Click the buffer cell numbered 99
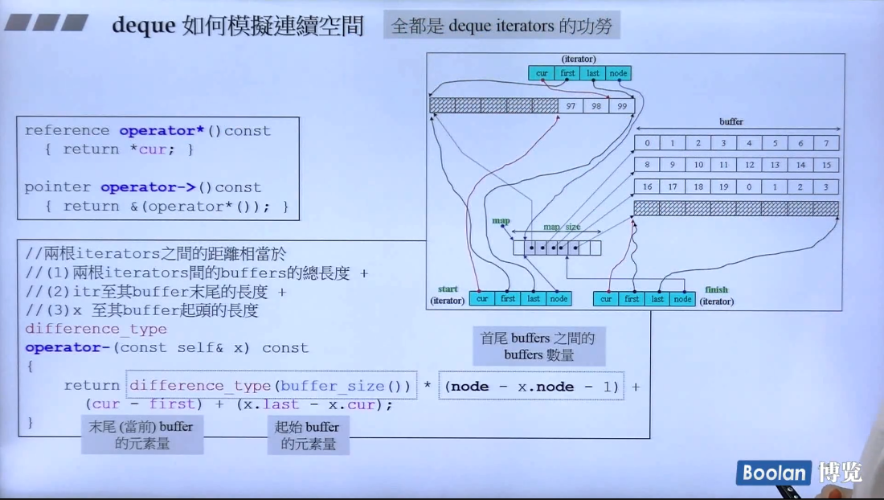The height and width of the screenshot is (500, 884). (621, 106)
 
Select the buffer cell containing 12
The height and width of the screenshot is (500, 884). (749, 165)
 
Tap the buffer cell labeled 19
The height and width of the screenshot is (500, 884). (723, 186)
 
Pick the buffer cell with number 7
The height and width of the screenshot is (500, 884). (825, 143)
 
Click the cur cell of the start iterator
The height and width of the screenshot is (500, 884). (482, 298)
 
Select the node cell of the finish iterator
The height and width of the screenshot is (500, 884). (682, 298)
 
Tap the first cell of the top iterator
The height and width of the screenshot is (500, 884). (567, 73)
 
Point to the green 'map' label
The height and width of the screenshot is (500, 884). (501, 220)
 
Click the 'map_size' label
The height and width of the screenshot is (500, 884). (562, 227)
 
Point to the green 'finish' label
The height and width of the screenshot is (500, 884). (716, 289)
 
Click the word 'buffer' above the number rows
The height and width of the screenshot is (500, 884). (731, 122)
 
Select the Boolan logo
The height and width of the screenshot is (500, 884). (773, 473)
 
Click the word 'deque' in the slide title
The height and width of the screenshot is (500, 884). (143, 25)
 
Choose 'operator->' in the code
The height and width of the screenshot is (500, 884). (149, 187)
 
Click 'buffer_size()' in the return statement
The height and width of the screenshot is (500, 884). (346, 386)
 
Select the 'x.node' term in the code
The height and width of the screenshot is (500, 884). (546, 386)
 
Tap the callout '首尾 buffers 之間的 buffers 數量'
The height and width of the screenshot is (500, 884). (538, 346)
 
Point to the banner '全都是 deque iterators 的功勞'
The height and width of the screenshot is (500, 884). (501, 26)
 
